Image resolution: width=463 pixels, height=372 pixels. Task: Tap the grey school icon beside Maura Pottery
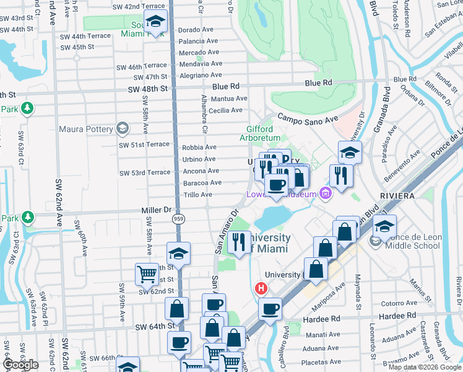coord(123,129)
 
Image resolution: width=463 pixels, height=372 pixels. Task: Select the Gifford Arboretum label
coord(260,133)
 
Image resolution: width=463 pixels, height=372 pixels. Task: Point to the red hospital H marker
coord(262,289)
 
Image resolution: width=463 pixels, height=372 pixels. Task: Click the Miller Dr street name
coord(158,210)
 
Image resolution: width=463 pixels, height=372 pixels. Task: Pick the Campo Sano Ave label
coord(308,117)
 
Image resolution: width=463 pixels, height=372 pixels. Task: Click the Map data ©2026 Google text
coord(424,367)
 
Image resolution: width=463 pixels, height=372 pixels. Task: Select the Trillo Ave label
coord(197,195)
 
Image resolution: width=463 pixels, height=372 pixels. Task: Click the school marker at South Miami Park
coord(155,22)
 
